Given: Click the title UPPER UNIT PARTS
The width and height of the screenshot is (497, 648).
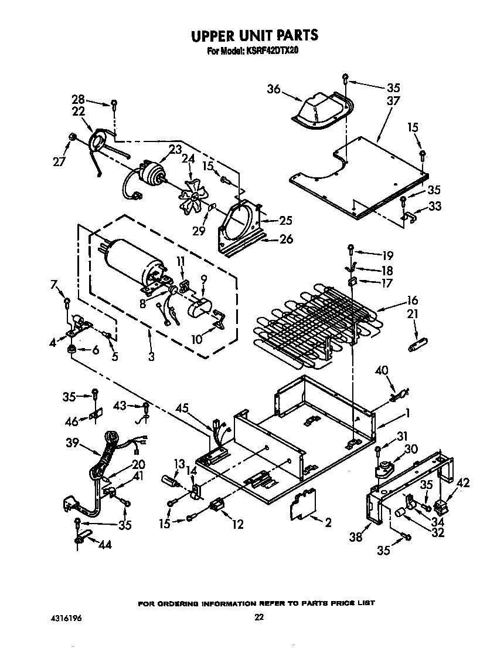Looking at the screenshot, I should pos(255,36).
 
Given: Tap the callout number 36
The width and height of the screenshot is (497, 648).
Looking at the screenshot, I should pos(274,89).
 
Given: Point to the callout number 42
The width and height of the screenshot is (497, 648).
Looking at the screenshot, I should pos(463,484).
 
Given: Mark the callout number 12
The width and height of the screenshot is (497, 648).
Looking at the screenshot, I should pos(237,524).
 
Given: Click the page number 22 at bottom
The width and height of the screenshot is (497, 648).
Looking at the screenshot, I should pos(259,617).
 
